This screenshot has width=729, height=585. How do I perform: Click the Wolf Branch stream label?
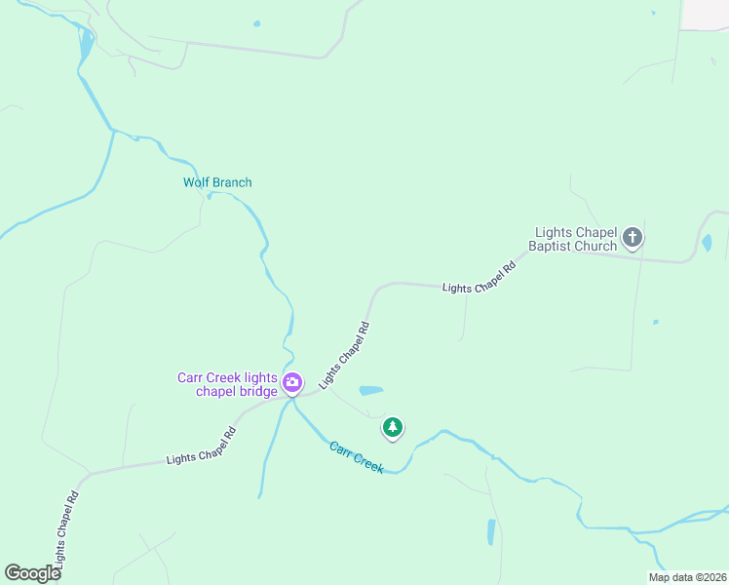(x=217, y=182)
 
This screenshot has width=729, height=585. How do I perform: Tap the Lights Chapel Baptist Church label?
(x=576, y=240)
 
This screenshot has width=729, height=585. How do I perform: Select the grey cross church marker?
(x=633, y=237)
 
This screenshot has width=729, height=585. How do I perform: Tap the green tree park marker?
(x=392, y=427)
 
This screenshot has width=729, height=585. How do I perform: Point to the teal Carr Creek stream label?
(x=356, y=456)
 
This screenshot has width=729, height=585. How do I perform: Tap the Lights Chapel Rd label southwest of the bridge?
(x=202, y=446)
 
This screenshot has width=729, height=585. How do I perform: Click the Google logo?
(x=32, y=573)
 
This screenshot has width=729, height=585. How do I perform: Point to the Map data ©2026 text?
(x=687, y=577)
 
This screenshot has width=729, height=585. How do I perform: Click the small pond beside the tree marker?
(x=370, y=391)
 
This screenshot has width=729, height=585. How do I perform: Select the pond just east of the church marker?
(x=707, y=242)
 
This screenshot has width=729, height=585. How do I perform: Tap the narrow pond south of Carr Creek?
(x=491, y=531)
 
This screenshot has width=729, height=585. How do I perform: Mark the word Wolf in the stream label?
(x=196, y=182)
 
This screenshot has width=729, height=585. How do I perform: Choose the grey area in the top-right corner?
(x=706, y=14)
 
